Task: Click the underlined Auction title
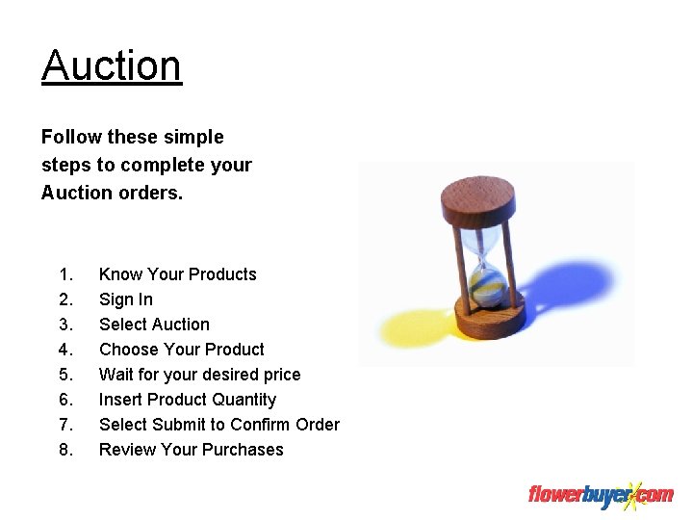click(x=112, y=66)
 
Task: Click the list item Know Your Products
click(x=178, y=274)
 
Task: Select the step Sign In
click(x=126, y=299)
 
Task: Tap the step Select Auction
click(x=154, y=325)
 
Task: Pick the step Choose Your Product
click(x=182, y=350)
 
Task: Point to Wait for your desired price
click(x=200, y=375)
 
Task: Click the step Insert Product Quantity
click(x=188, y=400)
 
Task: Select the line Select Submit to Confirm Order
click(x=219, y=425)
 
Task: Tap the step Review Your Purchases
click(x=192, y=450)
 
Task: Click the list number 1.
click(x=65, y=274)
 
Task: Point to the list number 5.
click(x=65, y=375)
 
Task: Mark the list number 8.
click(x=65, y=450)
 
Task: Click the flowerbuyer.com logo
click(x=601, y=495)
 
